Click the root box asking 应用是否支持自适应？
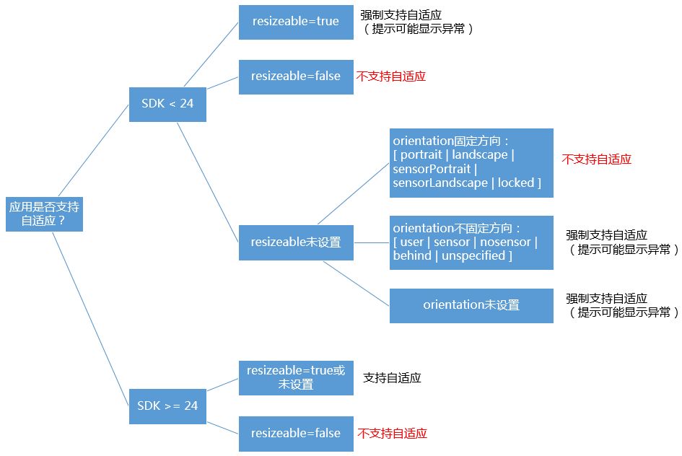(44, 214)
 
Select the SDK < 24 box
(167, 103)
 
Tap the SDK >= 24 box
(167, 405)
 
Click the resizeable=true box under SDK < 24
(296, 22)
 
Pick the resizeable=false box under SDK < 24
(296, 76)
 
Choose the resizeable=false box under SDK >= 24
(296, 434)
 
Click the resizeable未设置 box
(296, 242)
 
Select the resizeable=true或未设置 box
(296, 377)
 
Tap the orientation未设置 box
(471, 305)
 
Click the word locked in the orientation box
(516, 183)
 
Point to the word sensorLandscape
(440, 183)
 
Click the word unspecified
(474, 256)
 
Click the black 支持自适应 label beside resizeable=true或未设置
(392, 377)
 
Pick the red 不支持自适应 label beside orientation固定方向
(596, 159)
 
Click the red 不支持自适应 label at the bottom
(392, 434)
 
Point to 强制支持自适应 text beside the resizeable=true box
(401, 15)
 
